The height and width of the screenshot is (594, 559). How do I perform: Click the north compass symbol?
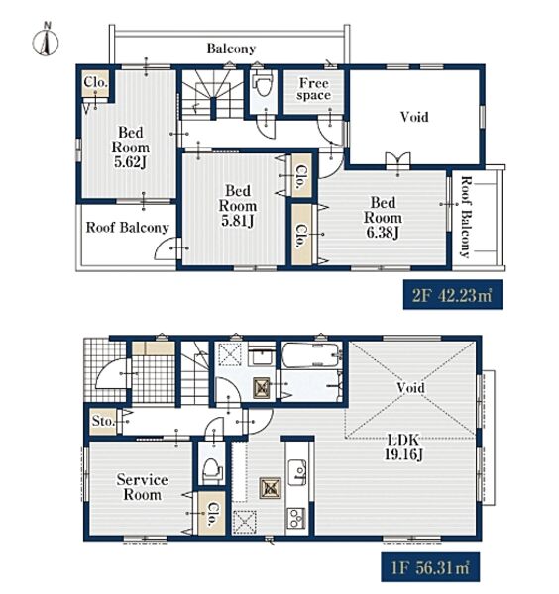click(x=46, y=41)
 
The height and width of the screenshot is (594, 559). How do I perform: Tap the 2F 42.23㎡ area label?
click(x=452, y=294)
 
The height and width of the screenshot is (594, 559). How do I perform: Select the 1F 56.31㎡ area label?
click(x=430, y=567)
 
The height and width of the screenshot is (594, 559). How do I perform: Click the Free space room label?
click(x=313, y=89)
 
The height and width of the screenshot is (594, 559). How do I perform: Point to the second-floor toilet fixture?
click(x=263, y=84)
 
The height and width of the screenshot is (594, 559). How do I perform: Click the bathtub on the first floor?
click(x=311, y=354)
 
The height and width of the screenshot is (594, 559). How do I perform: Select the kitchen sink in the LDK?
click(x=297, y=472)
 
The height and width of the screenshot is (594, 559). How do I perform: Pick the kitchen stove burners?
click(x=296, y=518)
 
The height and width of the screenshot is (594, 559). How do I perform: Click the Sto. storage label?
click(x=103, y=421)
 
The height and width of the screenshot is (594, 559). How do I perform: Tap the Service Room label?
click(x=142, y=487)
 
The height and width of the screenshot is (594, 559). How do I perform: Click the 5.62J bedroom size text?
click(x=130, y=162)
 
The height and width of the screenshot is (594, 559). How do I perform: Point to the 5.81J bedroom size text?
click(x=238, y=221)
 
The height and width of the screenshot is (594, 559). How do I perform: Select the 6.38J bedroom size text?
click(x=383, y=232)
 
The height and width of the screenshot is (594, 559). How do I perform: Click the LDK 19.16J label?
click(x=403, y=446)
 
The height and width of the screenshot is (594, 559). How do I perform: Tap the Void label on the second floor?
click(x=414, y=117)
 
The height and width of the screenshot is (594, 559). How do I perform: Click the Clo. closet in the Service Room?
click(x=212, y=513)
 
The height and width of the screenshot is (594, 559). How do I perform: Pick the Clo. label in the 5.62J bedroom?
click(x=95, y=82)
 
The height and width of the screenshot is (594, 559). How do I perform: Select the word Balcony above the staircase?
click(x=231, y=49)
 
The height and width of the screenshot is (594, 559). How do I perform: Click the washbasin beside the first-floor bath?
click(x=262, y=356)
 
